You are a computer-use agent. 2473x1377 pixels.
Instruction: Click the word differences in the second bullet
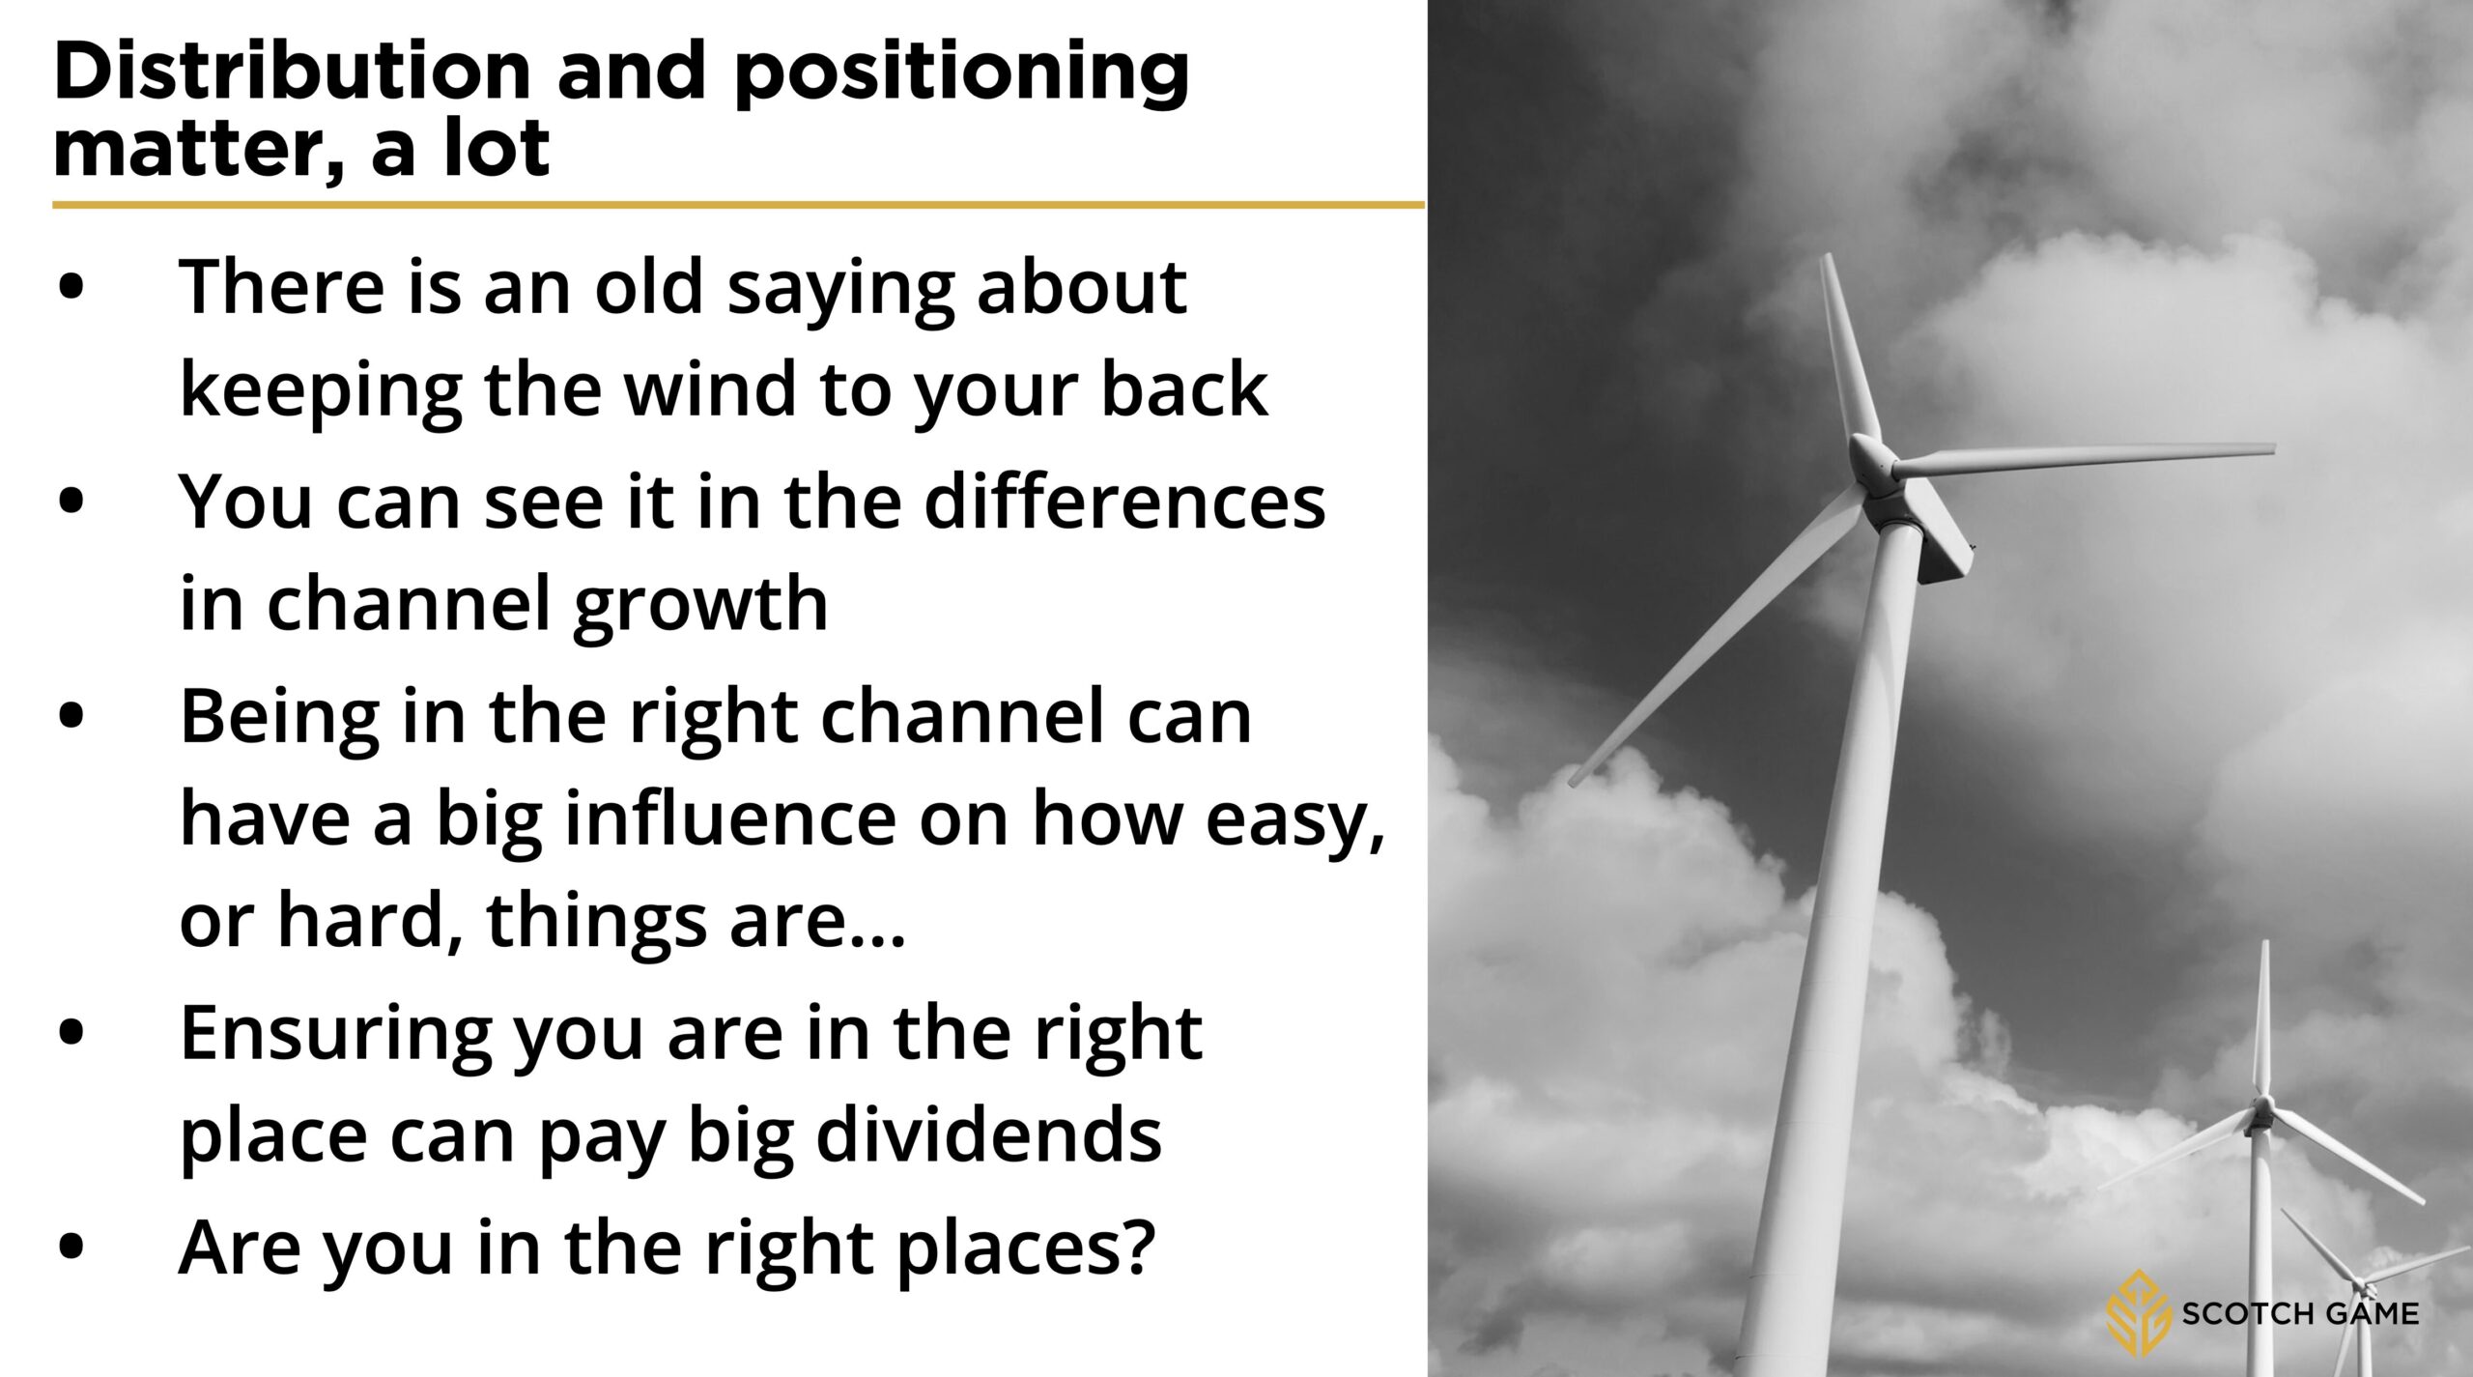(x=1124, y=502)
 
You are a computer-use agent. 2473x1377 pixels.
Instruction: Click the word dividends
(x=989, y=1134)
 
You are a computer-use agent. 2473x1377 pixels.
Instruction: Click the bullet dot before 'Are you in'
(x=71, y=1246)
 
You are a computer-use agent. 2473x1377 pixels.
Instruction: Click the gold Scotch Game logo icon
(x=2138, y=1313)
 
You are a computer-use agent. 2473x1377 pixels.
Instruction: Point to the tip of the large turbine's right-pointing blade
(x=2274, y=448)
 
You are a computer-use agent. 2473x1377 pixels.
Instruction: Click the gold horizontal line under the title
(x=738, y=205)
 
